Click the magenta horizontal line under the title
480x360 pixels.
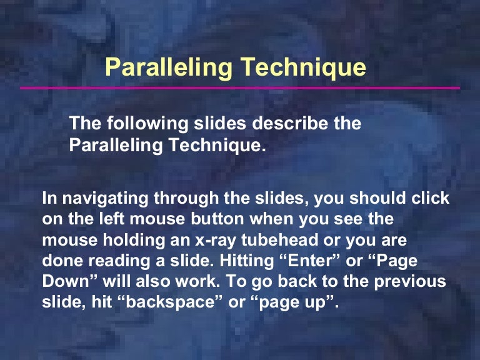240,88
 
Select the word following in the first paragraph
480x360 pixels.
138,124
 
